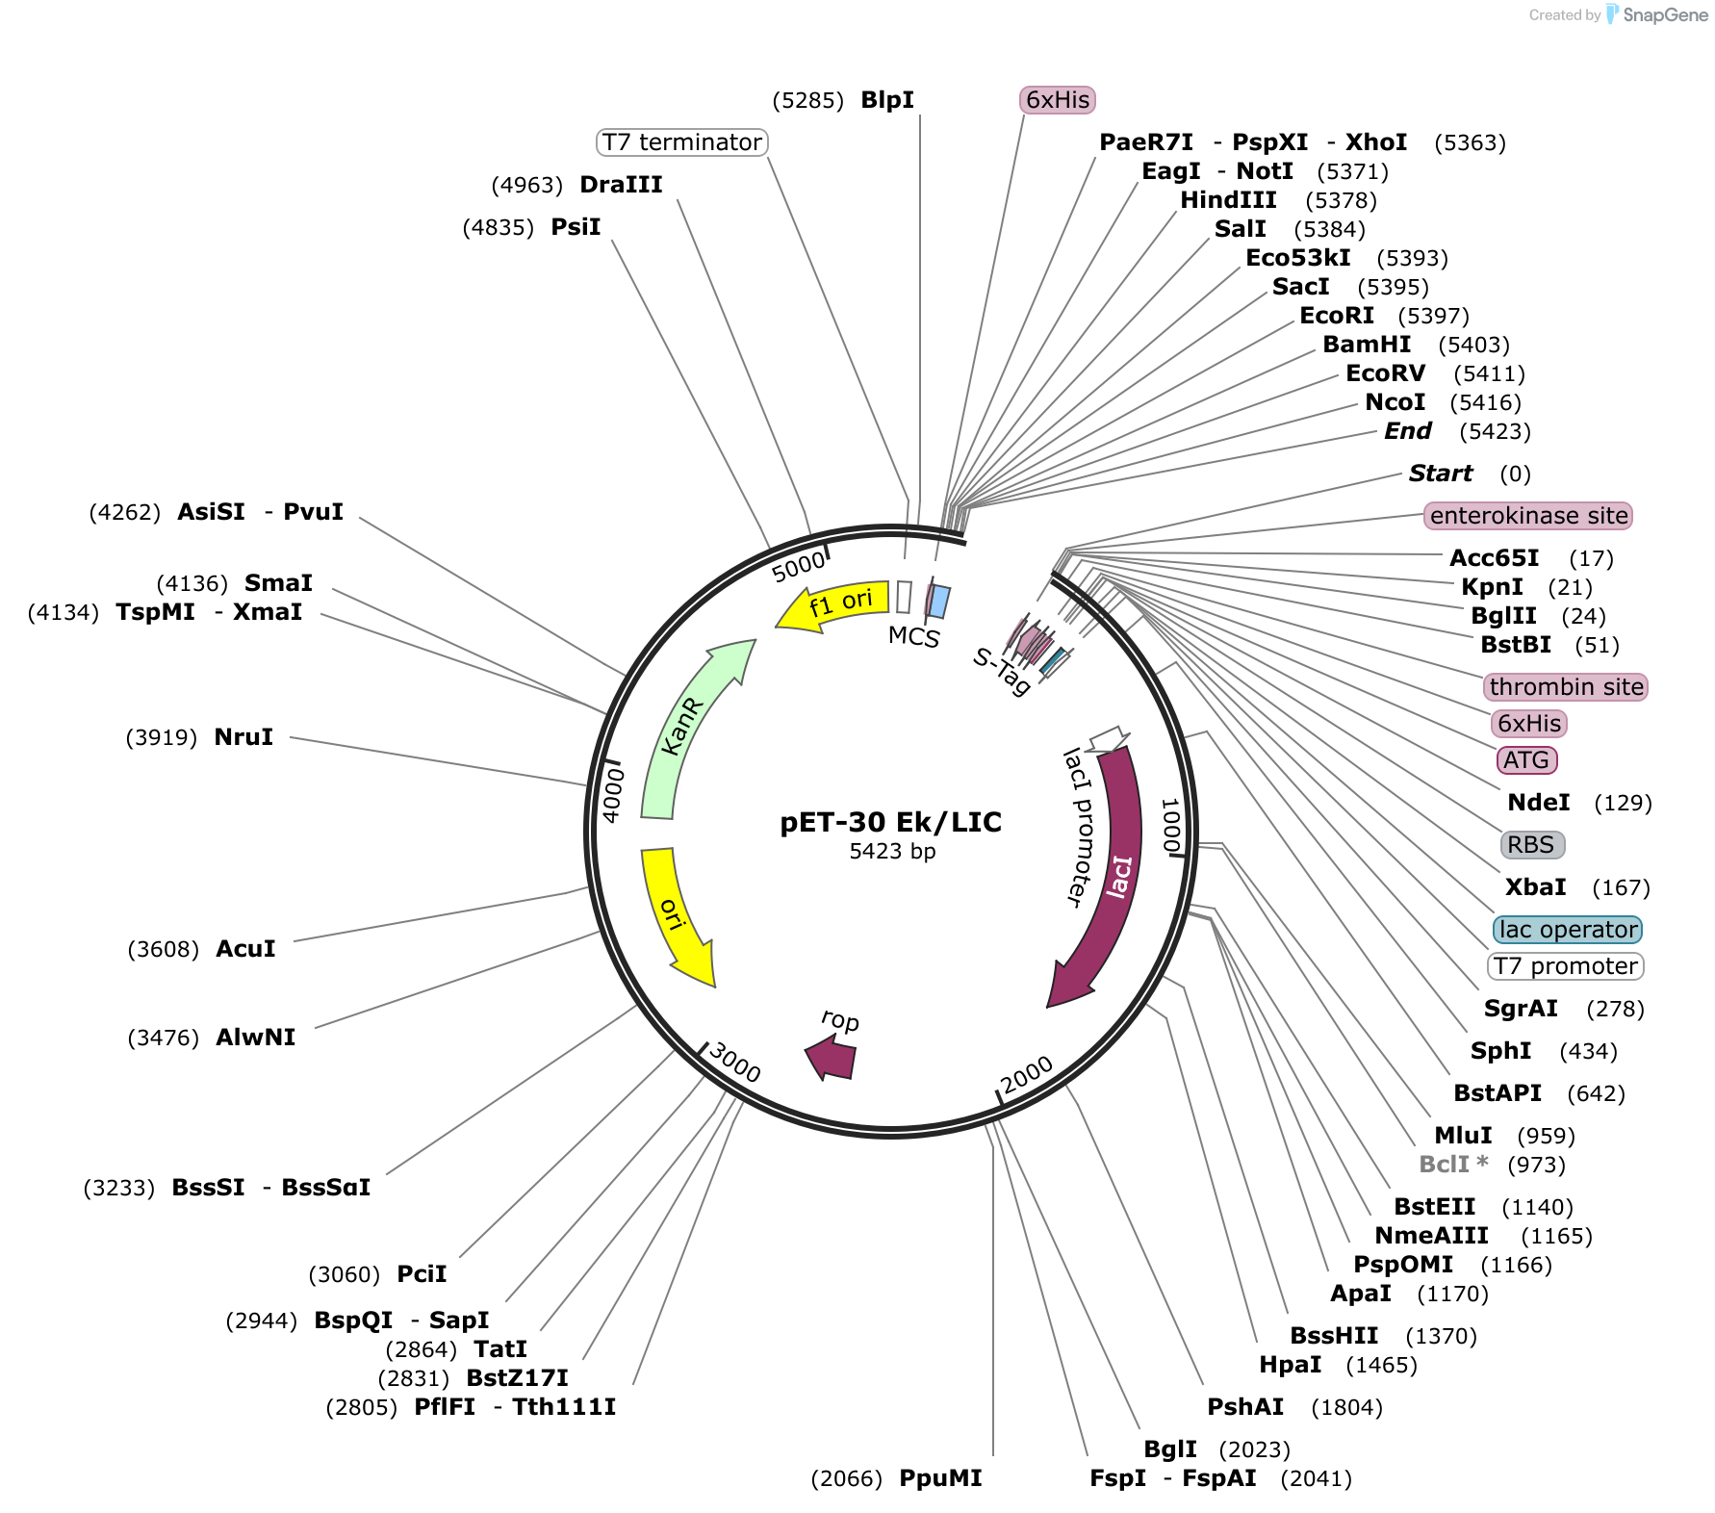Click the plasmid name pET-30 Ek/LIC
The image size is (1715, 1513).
891,822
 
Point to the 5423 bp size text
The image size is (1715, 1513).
892,852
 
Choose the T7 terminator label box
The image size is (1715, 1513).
682,142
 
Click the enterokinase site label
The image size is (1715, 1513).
1528,516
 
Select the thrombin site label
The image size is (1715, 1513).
1566,687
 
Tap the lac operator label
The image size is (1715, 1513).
1568,930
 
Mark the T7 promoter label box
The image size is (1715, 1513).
1566,966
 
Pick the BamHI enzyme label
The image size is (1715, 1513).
1367,345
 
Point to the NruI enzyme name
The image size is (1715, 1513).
243,737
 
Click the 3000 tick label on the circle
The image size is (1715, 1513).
735,1063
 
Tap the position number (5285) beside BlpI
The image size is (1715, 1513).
808,101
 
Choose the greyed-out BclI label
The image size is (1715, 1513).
1453,1165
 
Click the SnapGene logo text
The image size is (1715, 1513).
1665,14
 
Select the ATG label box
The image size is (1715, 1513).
1526,760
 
